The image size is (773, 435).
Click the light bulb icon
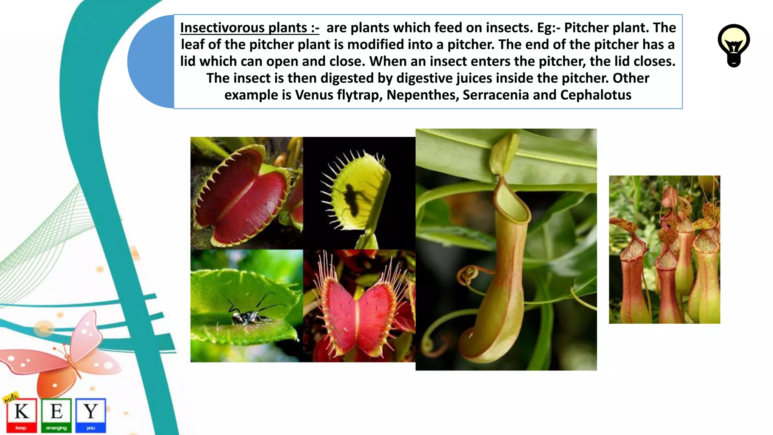click(x=733, y=45)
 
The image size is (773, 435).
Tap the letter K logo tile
click(x=22, y=415)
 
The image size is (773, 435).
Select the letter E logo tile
click(x=56, y=415)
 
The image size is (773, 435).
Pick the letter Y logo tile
click(x=91, y=415)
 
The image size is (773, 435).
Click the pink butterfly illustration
click(x=64, y=355)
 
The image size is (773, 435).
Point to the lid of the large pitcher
click(x=505, y=153)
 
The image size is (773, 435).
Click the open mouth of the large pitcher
click(x=512, y=206)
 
